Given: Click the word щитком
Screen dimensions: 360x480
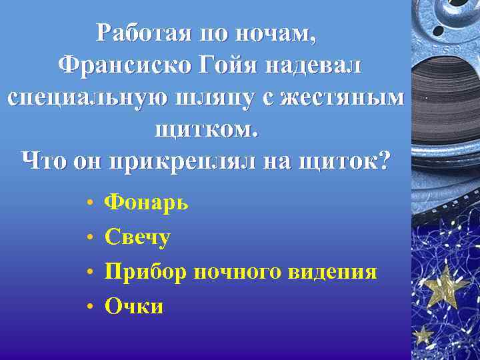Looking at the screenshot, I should click(x=205, y=128).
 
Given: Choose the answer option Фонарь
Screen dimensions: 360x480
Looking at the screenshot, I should click(x=147, y=202).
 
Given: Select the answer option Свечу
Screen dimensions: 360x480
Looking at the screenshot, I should click(x=138, y=237).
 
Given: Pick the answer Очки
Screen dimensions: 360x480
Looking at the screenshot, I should click(x=134, y=306).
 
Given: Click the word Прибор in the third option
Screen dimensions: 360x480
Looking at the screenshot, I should click(x=145, y=272).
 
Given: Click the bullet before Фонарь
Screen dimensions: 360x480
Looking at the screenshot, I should click(x=89, y=203).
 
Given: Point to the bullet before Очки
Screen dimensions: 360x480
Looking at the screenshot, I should click(x=89, y=307).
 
